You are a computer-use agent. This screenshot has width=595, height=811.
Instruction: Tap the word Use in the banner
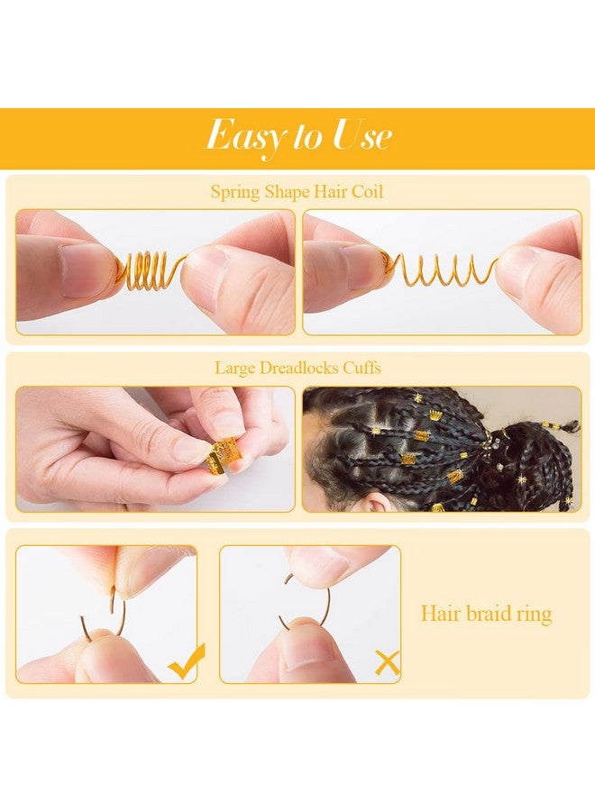pyautogui.click(x=362, y=136)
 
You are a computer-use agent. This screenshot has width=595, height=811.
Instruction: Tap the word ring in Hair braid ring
pyautogui.click(x=532, y=614)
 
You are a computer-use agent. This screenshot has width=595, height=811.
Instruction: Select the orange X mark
pyautogui.click(x=387, y=663)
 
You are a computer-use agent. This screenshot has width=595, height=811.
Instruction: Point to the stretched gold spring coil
pyautogui.click(x=442, y=268)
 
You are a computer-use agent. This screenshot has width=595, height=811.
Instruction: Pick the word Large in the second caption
pyautogui.click(x=236, y=368)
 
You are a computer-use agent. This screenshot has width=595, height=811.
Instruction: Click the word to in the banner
pyautogui.click(x=307, y=137)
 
